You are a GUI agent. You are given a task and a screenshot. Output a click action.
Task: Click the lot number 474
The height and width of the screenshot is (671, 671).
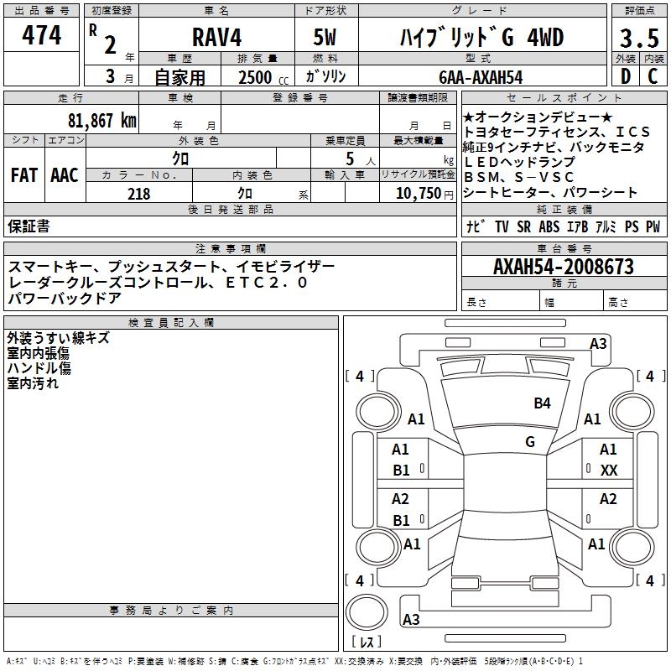click(41, 35)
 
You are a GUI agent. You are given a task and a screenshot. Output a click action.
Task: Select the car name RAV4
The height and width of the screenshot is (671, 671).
click(216, 39)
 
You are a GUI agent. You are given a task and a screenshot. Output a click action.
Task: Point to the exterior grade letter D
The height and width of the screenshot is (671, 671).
click(624, 76)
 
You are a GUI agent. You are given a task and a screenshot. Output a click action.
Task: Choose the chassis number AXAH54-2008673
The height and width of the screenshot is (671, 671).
click(563, 267)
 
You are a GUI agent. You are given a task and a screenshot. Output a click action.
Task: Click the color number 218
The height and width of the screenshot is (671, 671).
click(138, 194)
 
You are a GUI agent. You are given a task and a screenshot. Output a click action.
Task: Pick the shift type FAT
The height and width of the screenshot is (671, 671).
click(23, 175)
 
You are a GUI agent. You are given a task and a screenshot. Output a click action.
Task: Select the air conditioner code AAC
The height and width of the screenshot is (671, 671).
click(65, 175)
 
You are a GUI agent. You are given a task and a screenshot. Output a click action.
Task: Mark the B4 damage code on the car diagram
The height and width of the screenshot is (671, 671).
click(543, 403)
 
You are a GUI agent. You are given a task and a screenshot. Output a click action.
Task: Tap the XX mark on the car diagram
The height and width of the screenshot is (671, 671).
click(609, 471)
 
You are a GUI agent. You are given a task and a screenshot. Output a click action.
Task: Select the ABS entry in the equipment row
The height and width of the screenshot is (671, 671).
click(549, 226)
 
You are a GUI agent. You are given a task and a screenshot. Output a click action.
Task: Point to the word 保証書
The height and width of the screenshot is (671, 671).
click(29, 226)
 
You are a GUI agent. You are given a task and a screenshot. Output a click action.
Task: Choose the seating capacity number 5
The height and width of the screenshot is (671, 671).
click(347, 158)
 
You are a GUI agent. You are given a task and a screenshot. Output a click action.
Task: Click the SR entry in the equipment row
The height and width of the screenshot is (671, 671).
click(524, 226)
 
